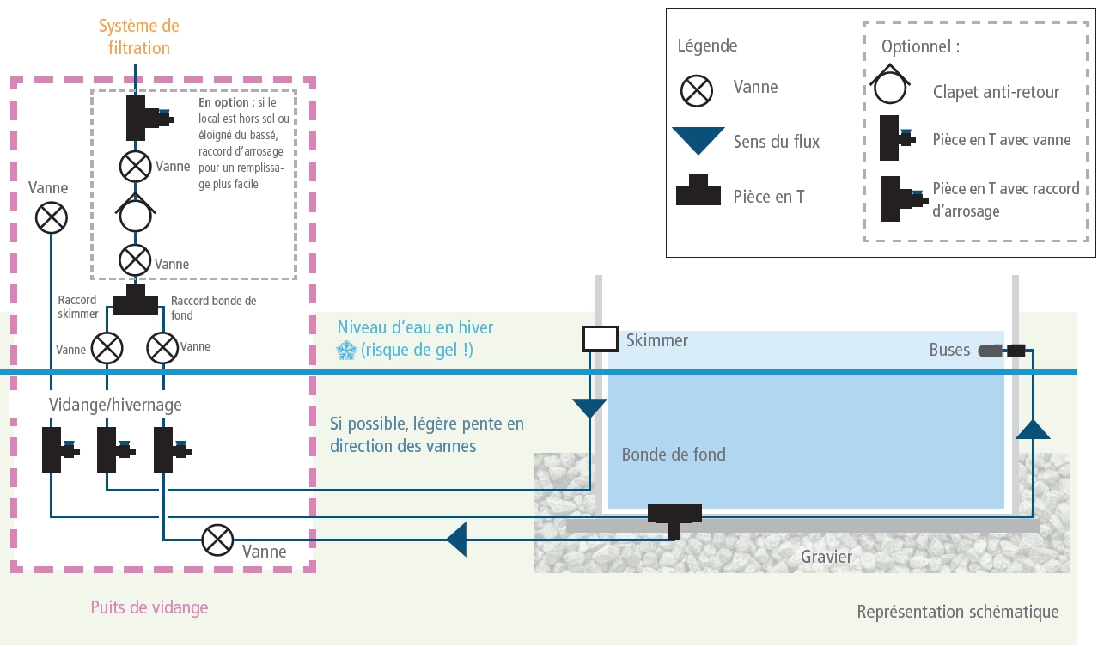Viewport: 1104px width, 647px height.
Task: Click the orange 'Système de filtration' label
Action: coord(138,37)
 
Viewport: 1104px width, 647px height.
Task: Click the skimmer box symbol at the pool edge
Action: coord(600,339)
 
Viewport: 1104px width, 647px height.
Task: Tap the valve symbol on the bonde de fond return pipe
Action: coord(217,540)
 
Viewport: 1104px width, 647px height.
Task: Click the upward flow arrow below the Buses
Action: coord(1033,429)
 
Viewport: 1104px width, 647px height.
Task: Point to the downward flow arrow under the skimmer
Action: coord(589,407)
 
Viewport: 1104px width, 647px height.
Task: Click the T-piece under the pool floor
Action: coord(674,518)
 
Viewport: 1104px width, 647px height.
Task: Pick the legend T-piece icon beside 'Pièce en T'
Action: coord(698,192)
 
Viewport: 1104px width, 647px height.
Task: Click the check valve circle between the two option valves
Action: coord(135,215)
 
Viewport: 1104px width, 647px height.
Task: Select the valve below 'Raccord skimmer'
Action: coord(107,348)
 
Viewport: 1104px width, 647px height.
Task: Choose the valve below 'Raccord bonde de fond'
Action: coord(162,348)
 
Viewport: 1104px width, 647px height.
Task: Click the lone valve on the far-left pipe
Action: coord(51,217)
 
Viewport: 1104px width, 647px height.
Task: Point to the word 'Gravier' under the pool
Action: coord(826,557)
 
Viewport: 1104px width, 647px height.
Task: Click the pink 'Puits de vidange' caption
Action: coord(149,607)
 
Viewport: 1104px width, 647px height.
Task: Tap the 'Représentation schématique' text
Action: coord(957,612)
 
